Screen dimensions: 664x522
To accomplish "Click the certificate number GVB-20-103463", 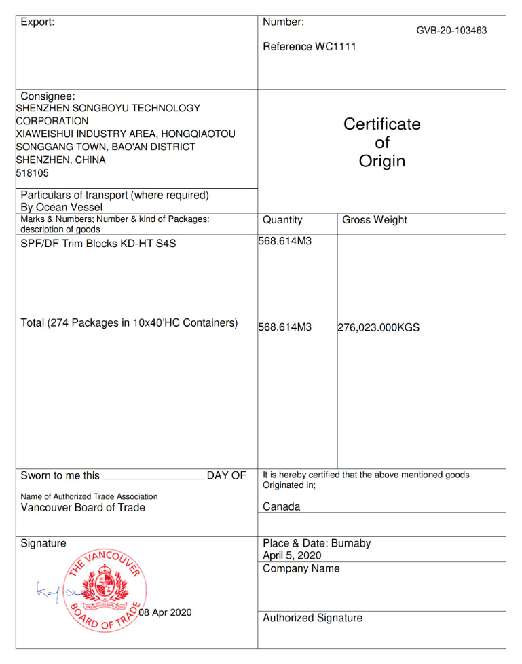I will click(451, 31).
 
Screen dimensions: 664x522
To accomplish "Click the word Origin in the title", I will click(381, 161).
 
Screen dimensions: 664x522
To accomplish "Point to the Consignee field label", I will click(48, 96).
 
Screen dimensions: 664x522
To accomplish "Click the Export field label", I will click(37, 22).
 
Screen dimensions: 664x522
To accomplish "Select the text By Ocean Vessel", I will click(62, 207).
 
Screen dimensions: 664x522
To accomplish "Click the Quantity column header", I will click(282, 220).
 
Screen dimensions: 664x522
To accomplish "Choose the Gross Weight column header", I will click(375, 220).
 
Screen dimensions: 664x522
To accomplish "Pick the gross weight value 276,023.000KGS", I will click(378, 327).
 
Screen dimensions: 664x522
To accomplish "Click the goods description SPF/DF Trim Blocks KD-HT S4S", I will click(98, 243).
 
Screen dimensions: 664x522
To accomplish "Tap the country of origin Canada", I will click(281, 506).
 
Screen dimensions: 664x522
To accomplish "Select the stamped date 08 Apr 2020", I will click(165, 612).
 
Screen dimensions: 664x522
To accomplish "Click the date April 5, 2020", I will click(292, 555).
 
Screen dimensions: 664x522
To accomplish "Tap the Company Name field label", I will click(301, 568).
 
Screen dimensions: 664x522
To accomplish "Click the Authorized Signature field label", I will click(312, 618).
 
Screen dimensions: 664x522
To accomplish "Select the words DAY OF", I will click(226, 475).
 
